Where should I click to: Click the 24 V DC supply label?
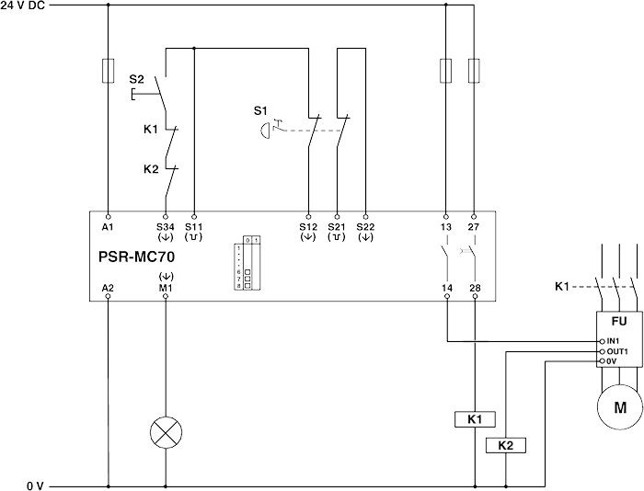click(x=24, y=6)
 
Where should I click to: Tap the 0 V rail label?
click(x=35, y=484)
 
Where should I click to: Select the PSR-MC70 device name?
click(x=135, y=257)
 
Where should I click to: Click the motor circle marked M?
click(x=618, y=406)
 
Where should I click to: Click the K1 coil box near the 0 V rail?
click(x=475, y=419)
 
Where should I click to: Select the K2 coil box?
click(x=504, y=446)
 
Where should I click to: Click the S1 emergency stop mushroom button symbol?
click(x=267, y=130)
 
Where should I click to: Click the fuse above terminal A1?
click(x=109, y=70)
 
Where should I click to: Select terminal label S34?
click(x=166, y=225)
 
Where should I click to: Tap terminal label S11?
click(x=193, y=225)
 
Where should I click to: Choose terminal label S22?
click(x=365, y=225)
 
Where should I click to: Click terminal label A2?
click(x=108, y=288)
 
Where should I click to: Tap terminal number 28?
click(x=475, y=288)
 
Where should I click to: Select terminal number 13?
click(x=446, y=225)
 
